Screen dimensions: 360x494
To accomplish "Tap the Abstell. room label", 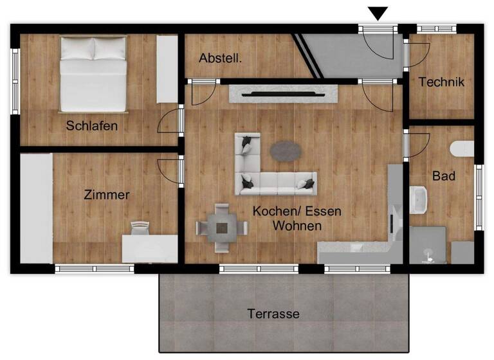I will click(x=221, y=58).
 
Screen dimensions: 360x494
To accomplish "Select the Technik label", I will click(x=441, y=82).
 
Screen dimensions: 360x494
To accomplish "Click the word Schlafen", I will click(x=92, y=125).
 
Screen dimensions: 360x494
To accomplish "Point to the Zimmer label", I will click(x=107, y=194).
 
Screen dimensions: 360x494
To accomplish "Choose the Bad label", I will click(x=444, y=175).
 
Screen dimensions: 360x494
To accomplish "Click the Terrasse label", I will click(x=273, y=314).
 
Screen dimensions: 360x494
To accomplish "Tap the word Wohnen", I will click(x=297, y=226).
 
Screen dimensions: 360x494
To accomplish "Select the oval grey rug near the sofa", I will click(x=286, y=152).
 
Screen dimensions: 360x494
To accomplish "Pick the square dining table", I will click(x=223, y=227).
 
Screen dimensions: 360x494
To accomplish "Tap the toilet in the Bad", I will click(x=462, y=149).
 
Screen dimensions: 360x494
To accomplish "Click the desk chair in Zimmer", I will click(x=140, y=226).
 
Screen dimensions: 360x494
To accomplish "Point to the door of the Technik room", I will click(x=417, y=54).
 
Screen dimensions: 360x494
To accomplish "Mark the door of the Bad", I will click(x=417, y=143).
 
